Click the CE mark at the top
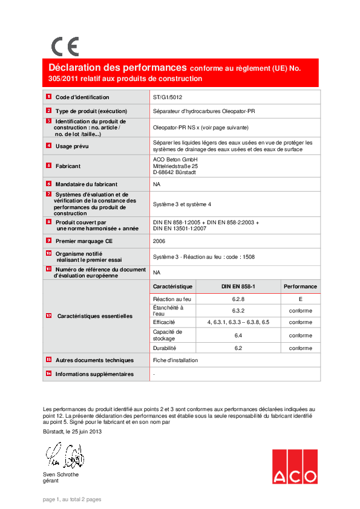(x=65, y=47)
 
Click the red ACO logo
(x=295, y=467)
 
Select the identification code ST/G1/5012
(x=168, y=97)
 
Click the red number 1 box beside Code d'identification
(x=48, y=97)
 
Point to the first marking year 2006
(x=159, y=241)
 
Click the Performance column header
(x=301, y=286)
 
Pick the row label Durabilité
(x=165, y=348)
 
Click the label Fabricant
(x=68, y=166)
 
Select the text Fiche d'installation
(x=175, y=360)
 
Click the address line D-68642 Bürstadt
(x=175, y=172)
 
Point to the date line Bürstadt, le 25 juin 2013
(x=73, y=432)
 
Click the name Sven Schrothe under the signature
(x=61, y=475)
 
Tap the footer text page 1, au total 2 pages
(x=72, y=499)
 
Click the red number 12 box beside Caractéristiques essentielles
(x=48, y=316)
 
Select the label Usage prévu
(x=72, y=146)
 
